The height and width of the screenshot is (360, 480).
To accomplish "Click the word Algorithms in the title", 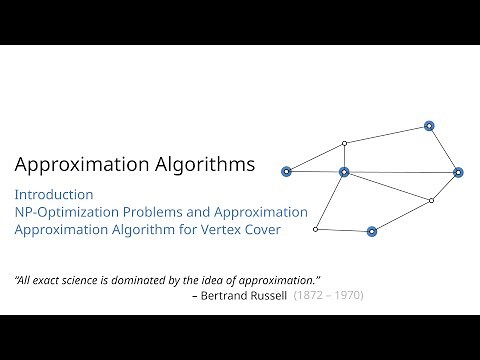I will pyautogui.click(x=204, y=163).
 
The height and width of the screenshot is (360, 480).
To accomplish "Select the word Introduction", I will pyautogui.click(x=54, y=194).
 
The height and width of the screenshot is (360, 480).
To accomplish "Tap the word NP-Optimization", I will pyautogui.click(x=67, y=212).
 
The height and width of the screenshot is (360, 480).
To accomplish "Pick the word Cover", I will pyautogui.click(x=262, y=230).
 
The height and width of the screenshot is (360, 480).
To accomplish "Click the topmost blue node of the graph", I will pyautogui.click(x=429, y=126).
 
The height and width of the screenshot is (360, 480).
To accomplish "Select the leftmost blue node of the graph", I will pyautogui.click(x=286, y=172).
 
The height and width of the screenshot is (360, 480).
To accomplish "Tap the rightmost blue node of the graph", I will pyautogui.click(x=458, y=172).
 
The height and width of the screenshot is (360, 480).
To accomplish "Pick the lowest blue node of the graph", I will pyautogui.click(x=372, y=231).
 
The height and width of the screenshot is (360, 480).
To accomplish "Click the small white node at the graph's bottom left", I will pyautogui.click(x=315, y=229).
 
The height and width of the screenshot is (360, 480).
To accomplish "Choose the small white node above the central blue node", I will pyautogui.click(x=344, y=143).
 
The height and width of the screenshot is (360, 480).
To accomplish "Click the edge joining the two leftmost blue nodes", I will pyautogui.click(x=315, y=172).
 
